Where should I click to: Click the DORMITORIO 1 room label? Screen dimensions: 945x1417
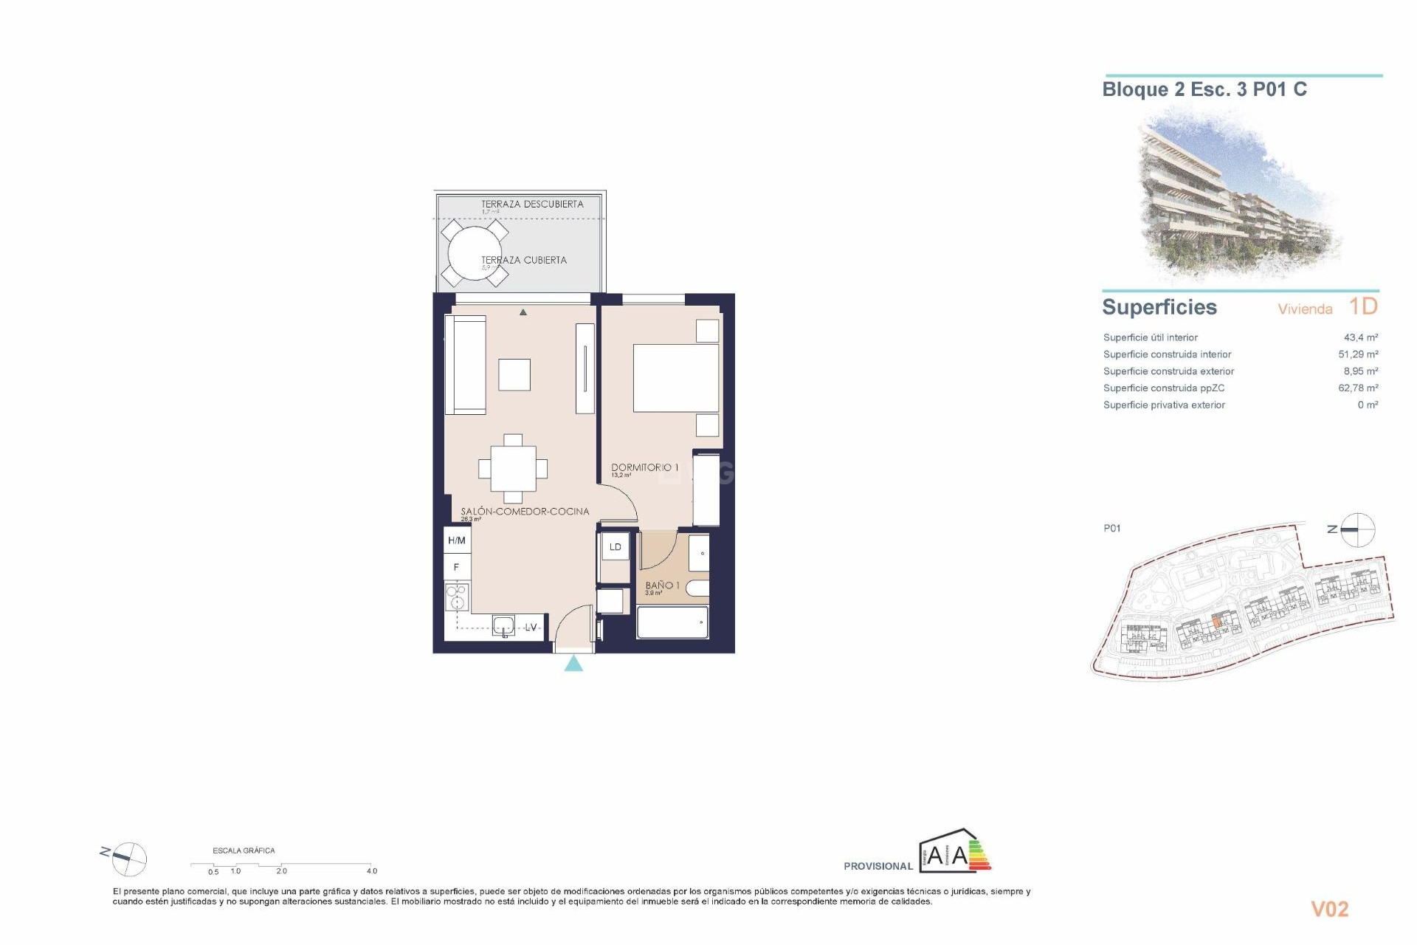click(x=644, y=467)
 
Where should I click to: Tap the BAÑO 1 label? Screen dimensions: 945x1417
click(x=662, y=585)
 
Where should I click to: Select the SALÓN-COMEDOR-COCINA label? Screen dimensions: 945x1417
click(x=525, y=511)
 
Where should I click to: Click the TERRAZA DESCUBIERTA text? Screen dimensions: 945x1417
click(x=532, y=204)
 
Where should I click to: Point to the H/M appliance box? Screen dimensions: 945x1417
click(x=457, y=540)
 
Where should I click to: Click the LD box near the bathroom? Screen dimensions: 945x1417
click(x=616, y=547)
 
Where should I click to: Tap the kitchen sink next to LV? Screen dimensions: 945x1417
click(x=503, y=626)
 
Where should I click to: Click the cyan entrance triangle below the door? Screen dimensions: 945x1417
click(x=573, y=664)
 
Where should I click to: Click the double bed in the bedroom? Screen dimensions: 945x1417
click(x=676, y=378)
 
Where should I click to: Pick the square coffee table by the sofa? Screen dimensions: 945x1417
click(x=514, y=374)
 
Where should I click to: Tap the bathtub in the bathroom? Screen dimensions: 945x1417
click(x=672, y=622)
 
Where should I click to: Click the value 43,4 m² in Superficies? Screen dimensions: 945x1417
click(x=1360, y=337)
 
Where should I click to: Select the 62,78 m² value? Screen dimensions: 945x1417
click(x=1358, y=388)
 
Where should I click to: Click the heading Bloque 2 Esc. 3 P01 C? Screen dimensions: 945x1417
click(x=1204, y=89)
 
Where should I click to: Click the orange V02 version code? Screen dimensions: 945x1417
click(x=1329, y=909)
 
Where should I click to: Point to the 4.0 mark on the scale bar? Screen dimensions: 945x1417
click(x=372, y=871)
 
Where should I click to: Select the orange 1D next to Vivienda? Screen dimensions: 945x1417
click(x=1363, y=306)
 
